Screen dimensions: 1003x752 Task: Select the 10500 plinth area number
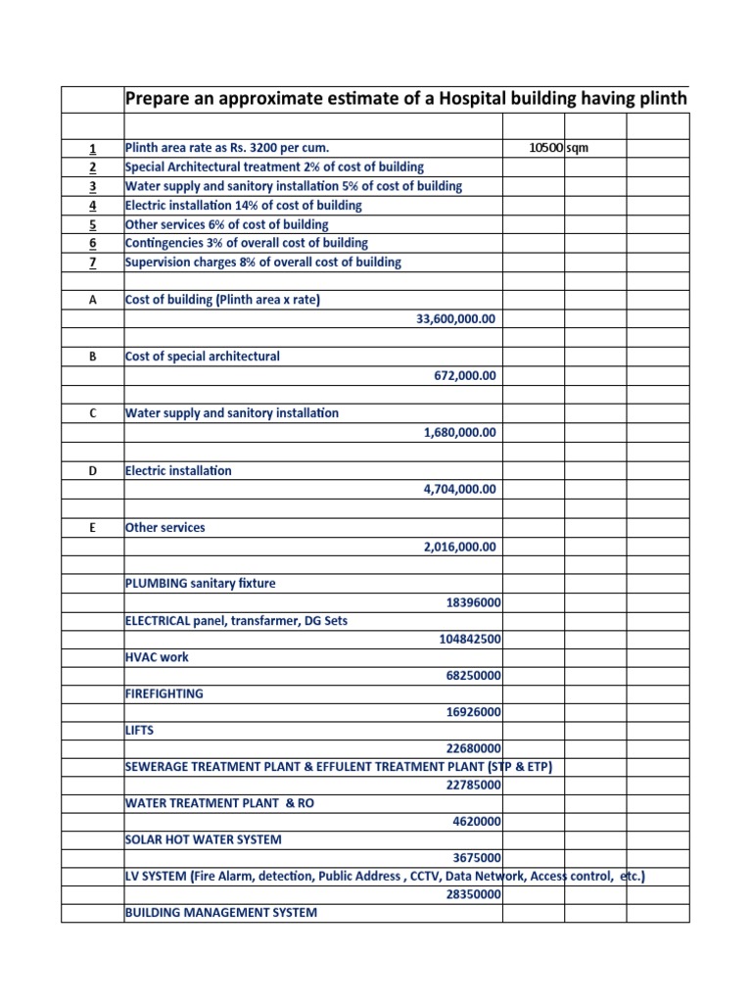(545, 148)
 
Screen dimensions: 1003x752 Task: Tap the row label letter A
(93, 301)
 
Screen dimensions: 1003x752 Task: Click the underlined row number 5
(93, 224)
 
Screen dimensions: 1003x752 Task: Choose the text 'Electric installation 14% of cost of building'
(244, 206)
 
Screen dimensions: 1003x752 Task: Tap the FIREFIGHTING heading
(164, 693)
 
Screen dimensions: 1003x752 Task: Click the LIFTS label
(140, 731)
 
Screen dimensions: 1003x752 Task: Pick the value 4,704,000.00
(459, 490)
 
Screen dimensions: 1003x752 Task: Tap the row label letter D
(93, 471)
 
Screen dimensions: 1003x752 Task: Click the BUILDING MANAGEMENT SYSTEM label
(221, 913)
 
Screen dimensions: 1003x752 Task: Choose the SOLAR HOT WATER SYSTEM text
(204, 839)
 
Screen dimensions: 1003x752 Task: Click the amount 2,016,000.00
(459, 547)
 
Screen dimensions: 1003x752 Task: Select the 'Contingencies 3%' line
(247, 243)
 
